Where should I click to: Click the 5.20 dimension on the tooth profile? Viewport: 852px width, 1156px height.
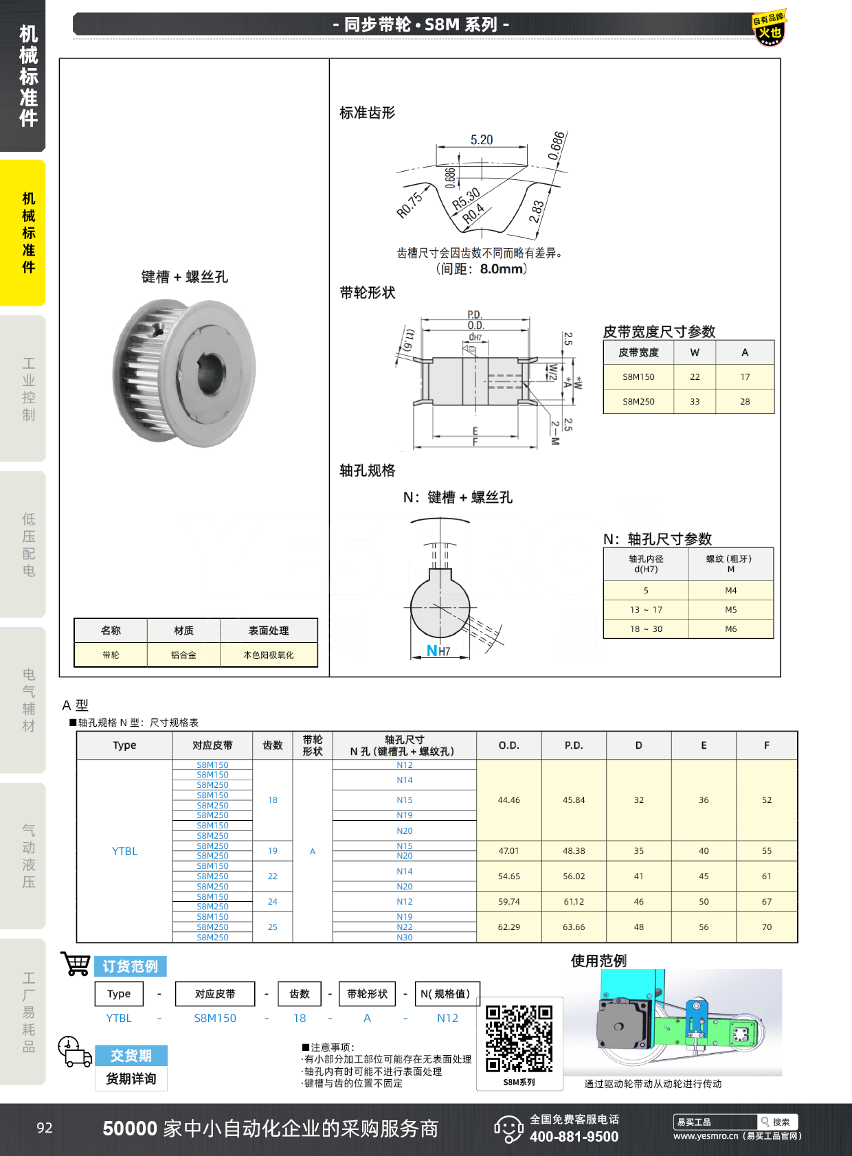click(481, 140)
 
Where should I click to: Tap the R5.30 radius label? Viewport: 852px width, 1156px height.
click(466, 199)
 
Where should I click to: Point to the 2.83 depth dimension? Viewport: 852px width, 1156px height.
click(537, 212)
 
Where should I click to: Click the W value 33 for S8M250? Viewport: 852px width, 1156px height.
click(695, 402)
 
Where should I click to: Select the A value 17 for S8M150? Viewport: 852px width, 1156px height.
click(745, 377)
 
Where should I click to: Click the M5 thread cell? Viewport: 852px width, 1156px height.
click(730, 610)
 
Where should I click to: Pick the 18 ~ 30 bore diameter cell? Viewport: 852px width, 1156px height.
click(646, 629)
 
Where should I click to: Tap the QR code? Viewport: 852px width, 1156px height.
click(519, 1039)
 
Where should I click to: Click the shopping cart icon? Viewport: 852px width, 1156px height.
click(76, 963)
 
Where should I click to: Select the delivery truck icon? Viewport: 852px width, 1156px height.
click(75, 1052)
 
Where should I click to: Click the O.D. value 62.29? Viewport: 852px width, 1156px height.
click(508, 927)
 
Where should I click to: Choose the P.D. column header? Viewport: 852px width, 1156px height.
click(574, 745)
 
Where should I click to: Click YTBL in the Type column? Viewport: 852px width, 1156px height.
click(124, 851)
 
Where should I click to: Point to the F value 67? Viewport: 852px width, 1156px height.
click(767, 902)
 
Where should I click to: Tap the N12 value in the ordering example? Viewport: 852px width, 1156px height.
click(447, 1018)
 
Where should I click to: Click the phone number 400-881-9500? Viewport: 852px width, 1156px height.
click(574, 1137)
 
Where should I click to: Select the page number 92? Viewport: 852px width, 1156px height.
click(45, 1128)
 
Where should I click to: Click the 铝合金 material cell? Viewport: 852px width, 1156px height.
click(183, 655)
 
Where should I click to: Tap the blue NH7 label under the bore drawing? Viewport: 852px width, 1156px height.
click(438, 650)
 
